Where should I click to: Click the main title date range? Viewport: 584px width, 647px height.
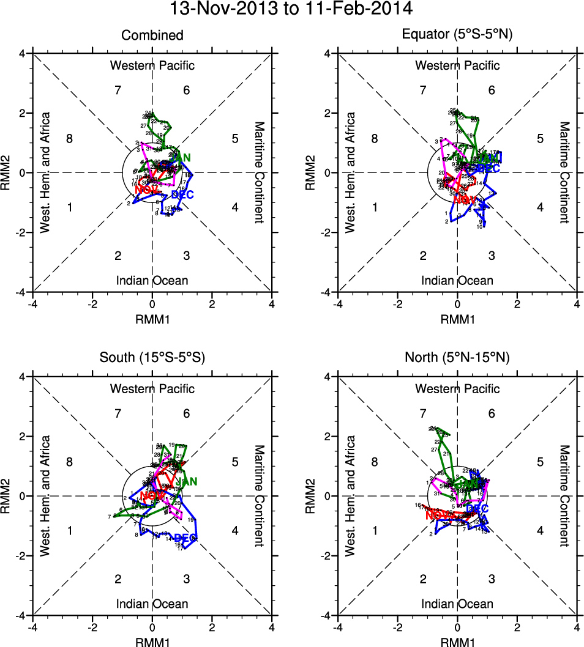tap(291, 9)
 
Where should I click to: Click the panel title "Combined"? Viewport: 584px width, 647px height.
tap(152, 35)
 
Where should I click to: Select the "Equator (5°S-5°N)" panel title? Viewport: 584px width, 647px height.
tap(457, 35)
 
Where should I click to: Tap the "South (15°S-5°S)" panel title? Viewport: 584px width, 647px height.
tap(152, 359)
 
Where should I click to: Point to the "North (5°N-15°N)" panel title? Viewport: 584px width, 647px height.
tap(457, 359)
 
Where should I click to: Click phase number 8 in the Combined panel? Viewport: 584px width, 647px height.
tap(70, 139)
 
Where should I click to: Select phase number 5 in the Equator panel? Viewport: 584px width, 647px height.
tap(540, 139)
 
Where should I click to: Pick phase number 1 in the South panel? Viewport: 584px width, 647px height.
tap(70, 530)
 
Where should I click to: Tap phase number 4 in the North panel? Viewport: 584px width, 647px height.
tap(540, 530)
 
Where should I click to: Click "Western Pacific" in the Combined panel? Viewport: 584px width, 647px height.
tap(152, 65)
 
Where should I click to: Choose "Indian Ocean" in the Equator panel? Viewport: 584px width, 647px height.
tap(457, 281)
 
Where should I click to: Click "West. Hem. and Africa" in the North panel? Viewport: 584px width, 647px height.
tap(350, 495)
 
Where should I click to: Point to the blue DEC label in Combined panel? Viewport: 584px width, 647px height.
tap(182, 195)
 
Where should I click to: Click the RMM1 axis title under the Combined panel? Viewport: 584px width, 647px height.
tap(152, 319)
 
